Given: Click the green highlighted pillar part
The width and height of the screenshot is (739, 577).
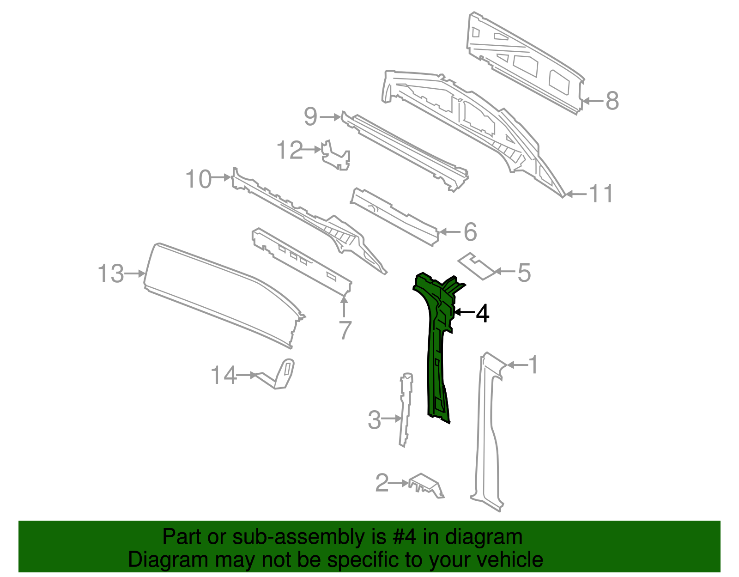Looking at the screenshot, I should point(436,351).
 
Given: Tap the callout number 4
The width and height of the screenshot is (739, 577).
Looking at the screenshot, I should point(482,313).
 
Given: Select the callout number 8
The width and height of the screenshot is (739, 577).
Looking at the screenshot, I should point(612,101).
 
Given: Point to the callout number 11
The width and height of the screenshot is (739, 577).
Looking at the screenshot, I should point(601,194).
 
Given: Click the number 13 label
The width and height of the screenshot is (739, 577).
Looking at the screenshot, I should point(111,273).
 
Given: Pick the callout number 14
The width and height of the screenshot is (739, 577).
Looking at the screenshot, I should point(224,375).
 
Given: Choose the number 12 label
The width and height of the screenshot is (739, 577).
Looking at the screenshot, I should point(290,150).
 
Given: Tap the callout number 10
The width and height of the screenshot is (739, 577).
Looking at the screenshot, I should point(199,179).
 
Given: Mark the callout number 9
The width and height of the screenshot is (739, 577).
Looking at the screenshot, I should point(310,116).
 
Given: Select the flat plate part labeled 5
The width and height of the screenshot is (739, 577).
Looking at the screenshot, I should point(478,267).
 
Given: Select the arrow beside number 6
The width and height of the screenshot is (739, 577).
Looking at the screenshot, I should point(448,232).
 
